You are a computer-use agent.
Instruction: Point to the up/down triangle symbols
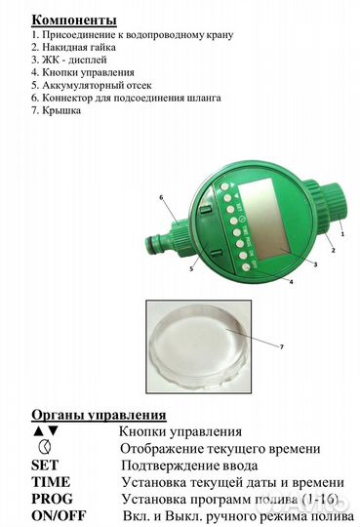point(45,430)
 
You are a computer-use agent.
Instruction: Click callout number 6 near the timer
point(161,196)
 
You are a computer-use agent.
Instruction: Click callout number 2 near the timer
point(332,251)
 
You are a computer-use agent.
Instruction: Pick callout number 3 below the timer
point(312,264)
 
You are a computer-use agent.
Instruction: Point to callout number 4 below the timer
point(291,282)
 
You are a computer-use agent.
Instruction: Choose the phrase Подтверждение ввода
point(178,465)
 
